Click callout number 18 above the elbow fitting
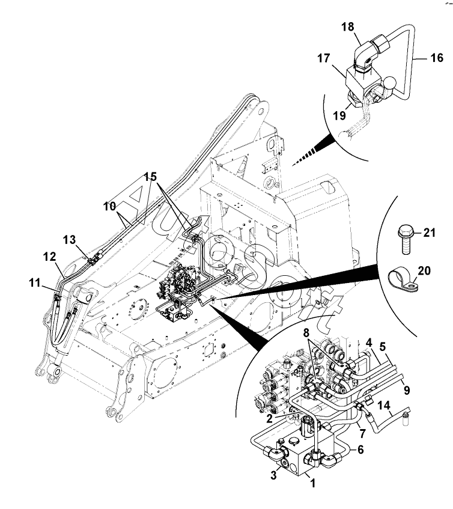(347, 26)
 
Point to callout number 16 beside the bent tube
(436, 58)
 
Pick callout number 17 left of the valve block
(323, 58)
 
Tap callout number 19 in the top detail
(340, 115)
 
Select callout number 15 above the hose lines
(150, 177)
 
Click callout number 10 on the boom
(109, 206)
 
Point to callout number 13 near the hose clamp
(69, 240)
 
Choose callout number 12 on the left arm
(50, 257)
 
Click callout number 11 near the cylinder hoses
(35, 282)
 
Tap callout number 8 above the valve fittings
(306, 333)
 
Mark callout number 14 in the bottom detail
(383, 406)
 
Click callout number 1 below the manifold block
(313, 483)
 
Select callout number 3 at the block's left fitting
(273, 475)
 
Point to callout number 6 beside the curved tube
(360, 450)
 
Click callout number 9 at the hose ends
(407, 390)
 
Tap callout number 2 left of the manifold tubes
(269, 419)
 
